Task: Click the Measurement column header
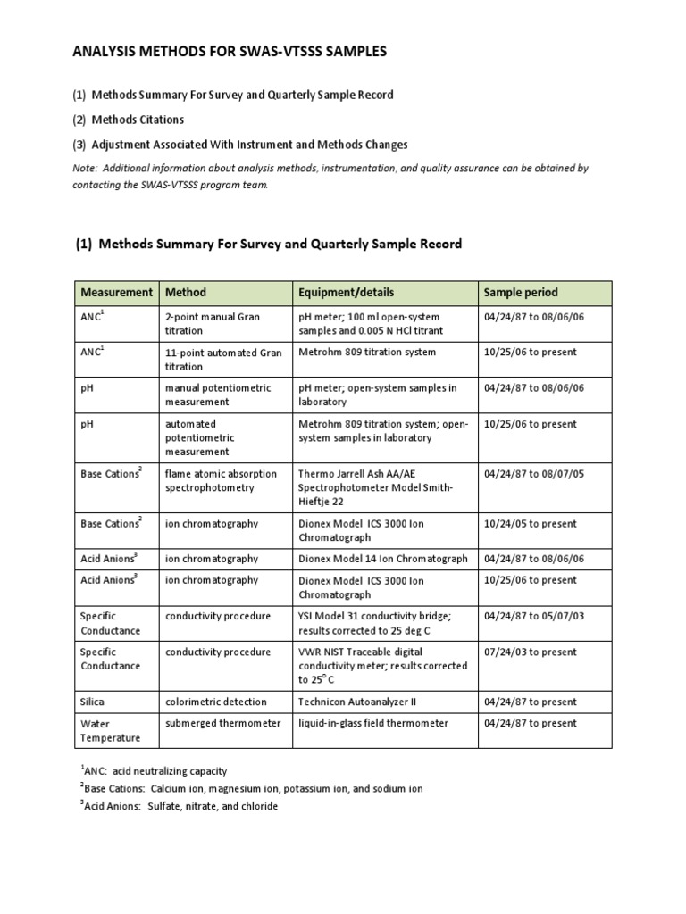(116, 292)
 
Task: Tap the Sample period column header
(521, 292)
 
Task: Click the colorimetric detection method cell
(212, 702)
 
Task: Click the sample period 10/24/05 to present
(530, 524)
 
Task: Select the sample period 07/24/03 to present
(530, 652)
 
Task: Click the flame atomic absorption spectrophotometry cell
(221, 481)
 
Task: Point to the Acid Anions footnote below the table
(179, 806)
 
